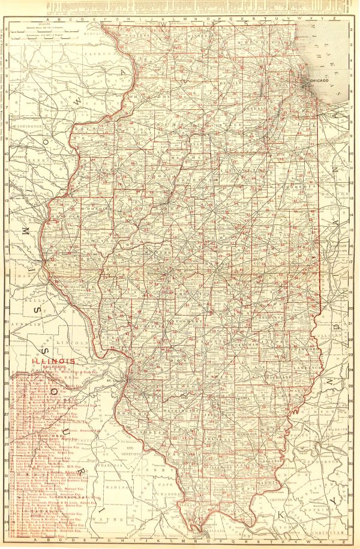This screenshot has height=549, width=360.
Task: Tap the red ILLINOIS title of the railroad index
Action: pos(54,361)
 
